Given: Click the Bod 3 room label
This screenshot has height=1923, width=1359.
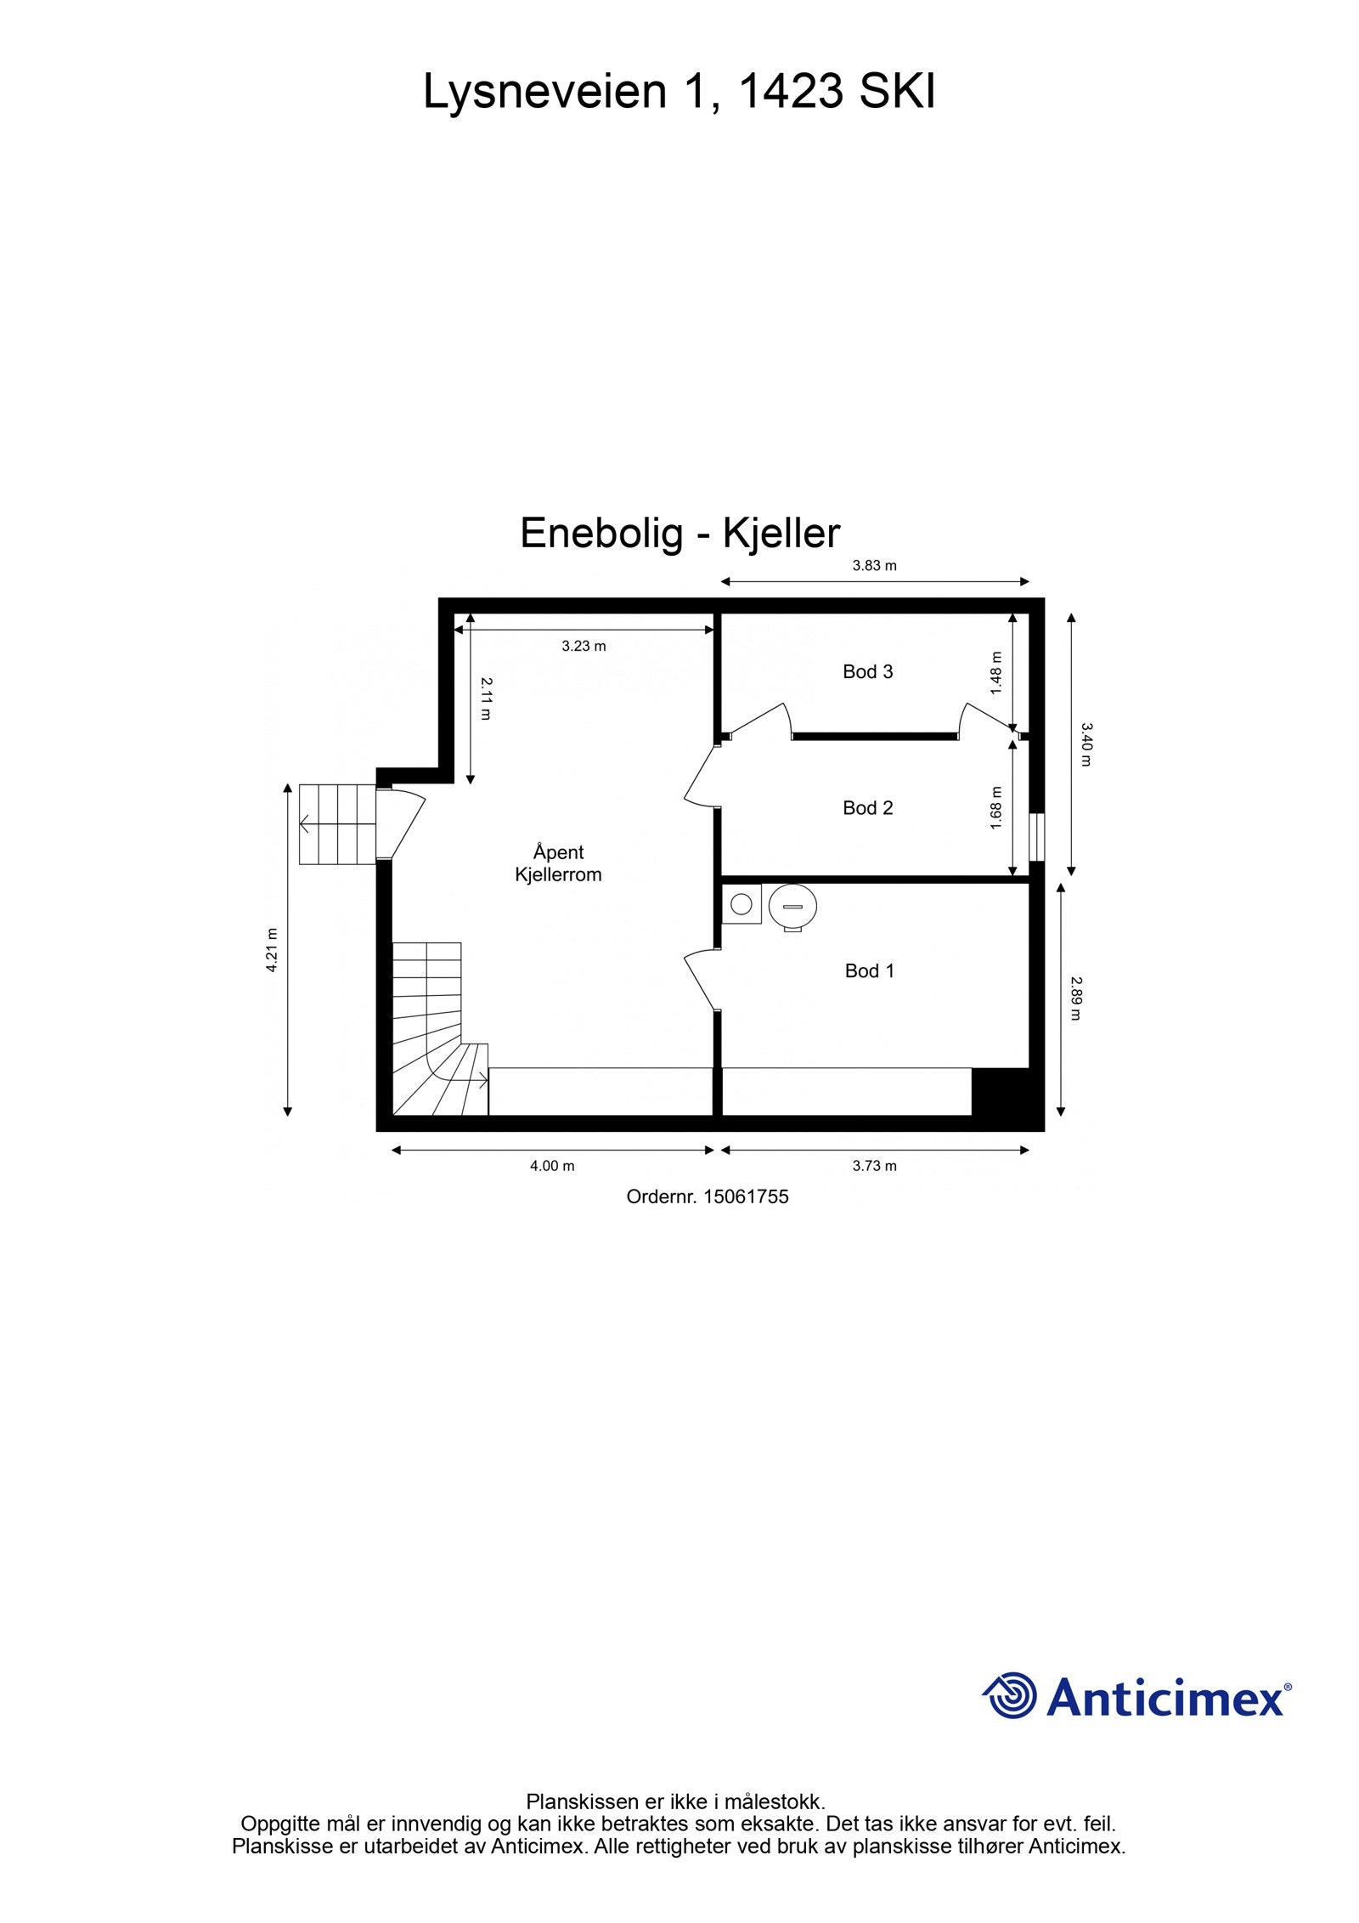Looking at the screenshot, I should (867, 671).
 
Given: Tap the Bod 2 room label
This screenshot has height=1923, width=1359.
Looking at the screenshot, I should (867, 807).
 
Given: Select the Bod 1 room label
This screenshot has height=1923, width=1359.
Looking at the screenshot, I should (869, 970).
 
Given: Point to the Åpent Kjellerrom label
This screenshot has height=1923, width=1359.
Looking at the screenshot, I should (558, 863).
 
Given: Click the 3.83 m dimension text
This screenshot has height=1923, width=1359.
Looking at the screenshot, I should (874, 565).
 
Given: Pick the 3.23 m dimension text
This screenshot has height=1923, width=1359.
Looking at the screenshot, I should (584, 646).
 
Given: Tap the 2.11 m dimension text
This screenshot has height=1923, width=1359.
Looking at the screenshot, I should (485, 698).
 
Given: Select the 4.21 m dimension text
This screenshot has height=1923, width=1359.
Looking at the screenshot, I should (272, 950).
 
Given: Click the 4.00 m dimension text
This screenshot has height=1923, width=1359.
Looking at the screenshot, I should (552, 1166).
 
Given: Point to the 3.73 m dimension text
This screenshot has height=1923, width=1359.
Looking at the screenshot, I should (874, 1166).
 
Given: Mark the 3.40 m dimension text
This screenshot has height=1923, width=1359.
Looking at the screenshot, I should (1086, 744).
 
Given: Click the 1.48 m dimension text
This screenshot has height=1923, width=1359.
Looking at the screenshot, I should (996, 673).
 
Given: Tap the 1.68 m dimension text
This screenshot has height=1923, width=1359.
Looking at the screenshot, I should (996, 808).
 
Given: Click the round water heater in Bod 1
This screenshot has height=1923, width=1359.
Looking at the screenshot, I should (792, 907).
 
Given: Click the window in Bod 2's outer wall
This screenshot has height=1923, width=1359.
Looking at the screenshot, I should (1036, 837).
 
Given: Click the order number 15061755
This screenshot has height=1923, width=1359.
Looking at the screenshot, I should (746, 1196).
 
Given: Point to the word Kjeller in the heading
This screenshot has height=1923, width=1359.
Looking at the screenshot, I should (781, 534).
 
